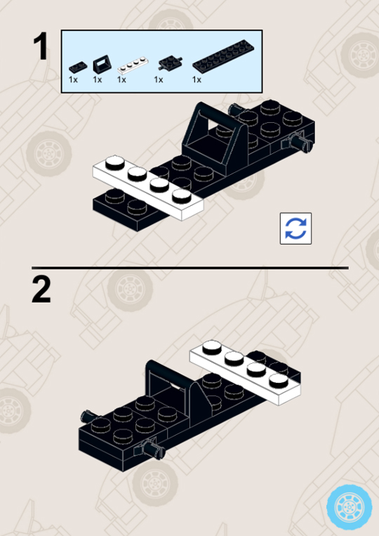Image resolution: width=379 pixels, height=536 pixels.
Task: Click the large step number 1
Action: [41, 46]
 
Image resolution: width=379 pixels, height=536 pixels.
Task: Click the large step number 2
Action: [41, 289]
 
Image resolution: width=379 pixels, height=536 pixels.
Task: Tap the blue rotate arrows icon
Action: [295, 228]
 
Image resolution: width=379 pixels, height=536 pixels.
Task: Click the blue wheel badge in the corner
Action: [350, 507]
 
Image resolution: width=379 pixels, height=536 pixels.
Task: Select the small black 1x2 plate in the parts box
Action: [78, 67]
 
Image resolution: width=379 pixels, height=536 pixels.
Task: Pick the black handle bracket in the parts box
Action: [102, 64]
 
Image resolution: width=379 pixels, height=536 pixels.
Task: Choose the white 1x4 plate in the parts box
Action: [133, 66]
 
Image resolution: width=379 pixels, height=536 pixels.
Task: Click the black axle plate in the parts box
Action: [170, 63]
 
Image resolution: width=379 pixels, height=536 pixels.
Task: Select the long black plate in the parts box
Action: [223, 56]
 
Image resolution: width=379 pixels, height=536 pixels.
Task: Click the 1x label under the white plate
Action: [121, 79]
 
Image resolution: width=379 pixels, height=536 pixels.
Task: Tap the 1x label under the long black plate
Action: [197, 79]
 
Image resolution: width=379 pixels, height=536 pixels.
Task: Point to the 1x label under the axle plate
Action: [159, 79]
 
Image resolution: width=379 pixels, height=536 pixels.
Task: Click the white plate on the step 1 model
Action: [148, 188]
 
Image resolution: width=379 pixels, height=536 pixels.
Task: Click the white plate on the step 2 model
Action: [245, 372]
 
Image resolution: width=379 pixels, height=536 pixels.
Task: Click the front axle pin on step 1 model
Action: [300, 142]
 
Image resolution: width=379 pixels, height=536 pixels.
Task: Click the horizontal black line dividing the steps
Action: [190, 268]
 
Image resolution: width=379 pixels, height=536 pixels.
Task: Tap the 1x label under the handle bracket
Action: [98, 79]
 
